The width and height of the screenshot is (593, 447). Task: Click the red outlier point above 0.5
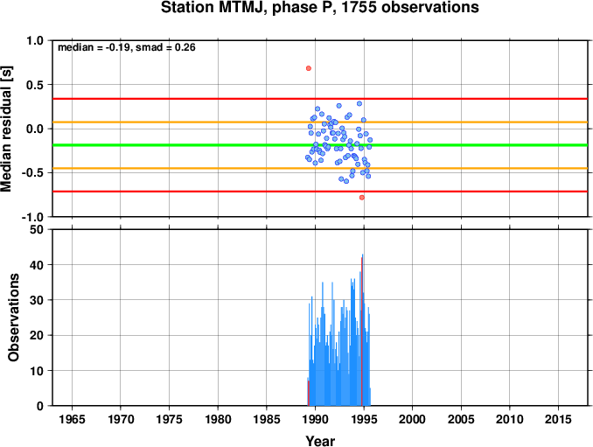click(x=309, y=68)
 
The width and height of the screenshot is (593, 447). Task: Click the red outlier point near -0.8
click(x=362, y=198)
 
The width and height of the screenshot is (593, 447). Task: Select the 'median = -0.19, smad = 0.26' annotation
click(x=127, y=47)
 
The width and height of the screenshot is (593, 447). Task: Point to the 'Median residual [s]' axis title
click(x=6, y=129)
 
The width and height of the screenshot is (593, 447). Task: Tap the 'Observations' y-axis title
click(x=13, y=318)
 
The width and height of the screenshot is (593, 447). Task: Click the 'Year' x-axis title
click(x=320, y=441)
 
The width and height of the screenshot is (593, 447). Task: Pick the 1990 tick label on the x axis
click(x=315, y=419)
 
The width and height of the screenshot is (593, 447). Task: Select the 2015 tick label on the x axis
click(x=558, y=419)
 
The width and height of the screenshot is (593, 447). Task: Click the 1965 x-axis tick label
click(x=72, y=419)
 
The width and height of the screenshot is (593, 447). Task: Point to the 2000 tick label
click(x=412, y=419)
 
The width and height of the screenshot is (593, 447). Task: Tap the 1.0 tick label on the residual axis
click(x=35, y=40)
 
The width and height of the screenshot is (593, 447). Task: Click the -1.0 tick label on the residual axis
click(x=32, y=217)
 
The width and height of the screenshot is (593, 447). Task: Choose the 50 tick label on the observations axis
click(x=37, y=229)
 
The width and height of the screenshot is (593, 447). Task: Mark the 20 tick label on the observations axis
click(x=37, y=335)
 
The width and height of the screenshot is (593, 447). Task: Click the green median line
click(x=320, y=145)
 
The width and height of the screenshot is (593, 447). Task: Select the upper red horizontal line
click(x=320, y=99)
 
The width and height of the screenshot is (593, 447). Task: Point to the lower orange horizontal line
click(x=320, y=168)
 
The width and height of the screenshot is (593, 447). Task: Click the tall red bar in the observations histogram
click(x=362, y=332)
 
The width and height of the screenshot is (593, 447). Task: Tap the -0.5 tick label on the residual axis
click(x=32, y=173)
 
